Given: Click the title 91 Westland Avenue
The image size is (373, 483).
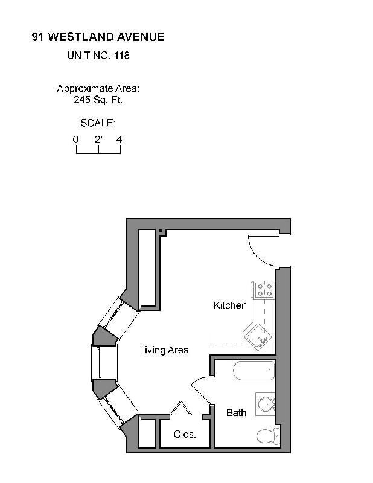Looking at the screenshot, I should coord(98,37).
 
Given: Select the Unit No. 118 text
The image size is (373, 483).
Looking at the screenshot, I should coord(98,56).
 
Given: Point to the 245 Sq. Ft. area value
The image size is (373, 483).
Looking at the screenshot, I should coord(98,100).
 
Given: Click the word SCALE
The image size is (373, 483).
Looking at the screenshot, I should coord(98,123).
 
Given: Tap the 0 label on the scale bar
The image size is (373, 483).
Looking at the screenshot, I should coord(76,139).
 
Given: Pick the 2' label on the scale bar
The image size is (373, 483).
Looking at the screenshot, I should coord(98,139).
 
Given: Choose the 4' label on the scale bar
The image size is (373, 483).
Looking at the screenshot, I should coord(120,139).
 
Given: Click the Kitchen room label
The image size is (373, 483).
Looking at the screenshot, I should coord(230,305).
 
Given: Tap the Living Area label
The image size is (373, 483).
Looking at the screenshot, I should coord(164,350).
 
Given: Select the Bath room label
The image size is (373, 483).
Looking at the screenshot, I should coord(236,413).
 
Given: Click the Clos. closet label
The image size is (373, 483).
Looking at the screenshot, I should coord(185,435).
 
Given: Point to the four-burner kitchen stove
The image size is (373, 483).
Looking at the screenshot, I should coord(264,289).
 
